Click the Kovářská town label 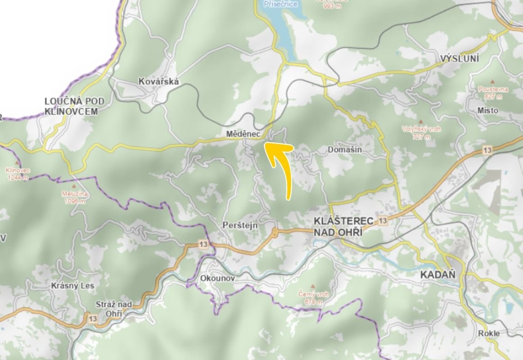pos(159,81)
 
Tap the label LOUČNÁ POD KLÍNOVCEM pos(71,106)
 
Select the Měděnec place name pos(241,134)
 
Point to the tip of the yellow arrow pos(265,144)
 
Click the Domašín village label pos(345,149)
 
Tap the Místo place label pos(488,110)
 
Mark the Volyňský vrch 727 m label pos(421,133)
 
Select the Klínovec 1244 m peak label pos(17,174)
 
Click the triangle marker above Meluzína pos(74,185)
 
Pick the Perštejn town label pos(240,225)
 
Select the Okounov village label pos(217,279)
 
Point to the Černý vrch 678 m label pos(314,297)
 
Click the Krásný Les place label pos(72,286)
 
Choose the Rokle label pos(489,333)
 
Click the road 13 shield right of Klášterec pos(383,220)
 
